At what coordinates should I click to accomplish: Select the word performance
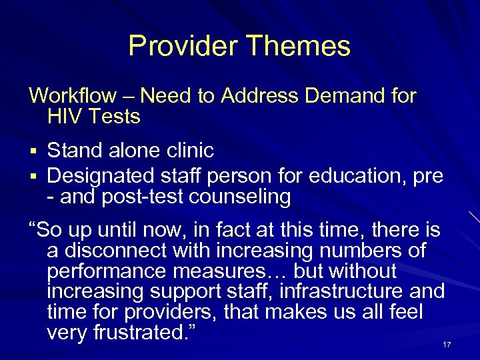(x=108, y=272)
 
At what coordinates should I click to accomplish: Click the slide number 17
(x=446, y=345)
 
